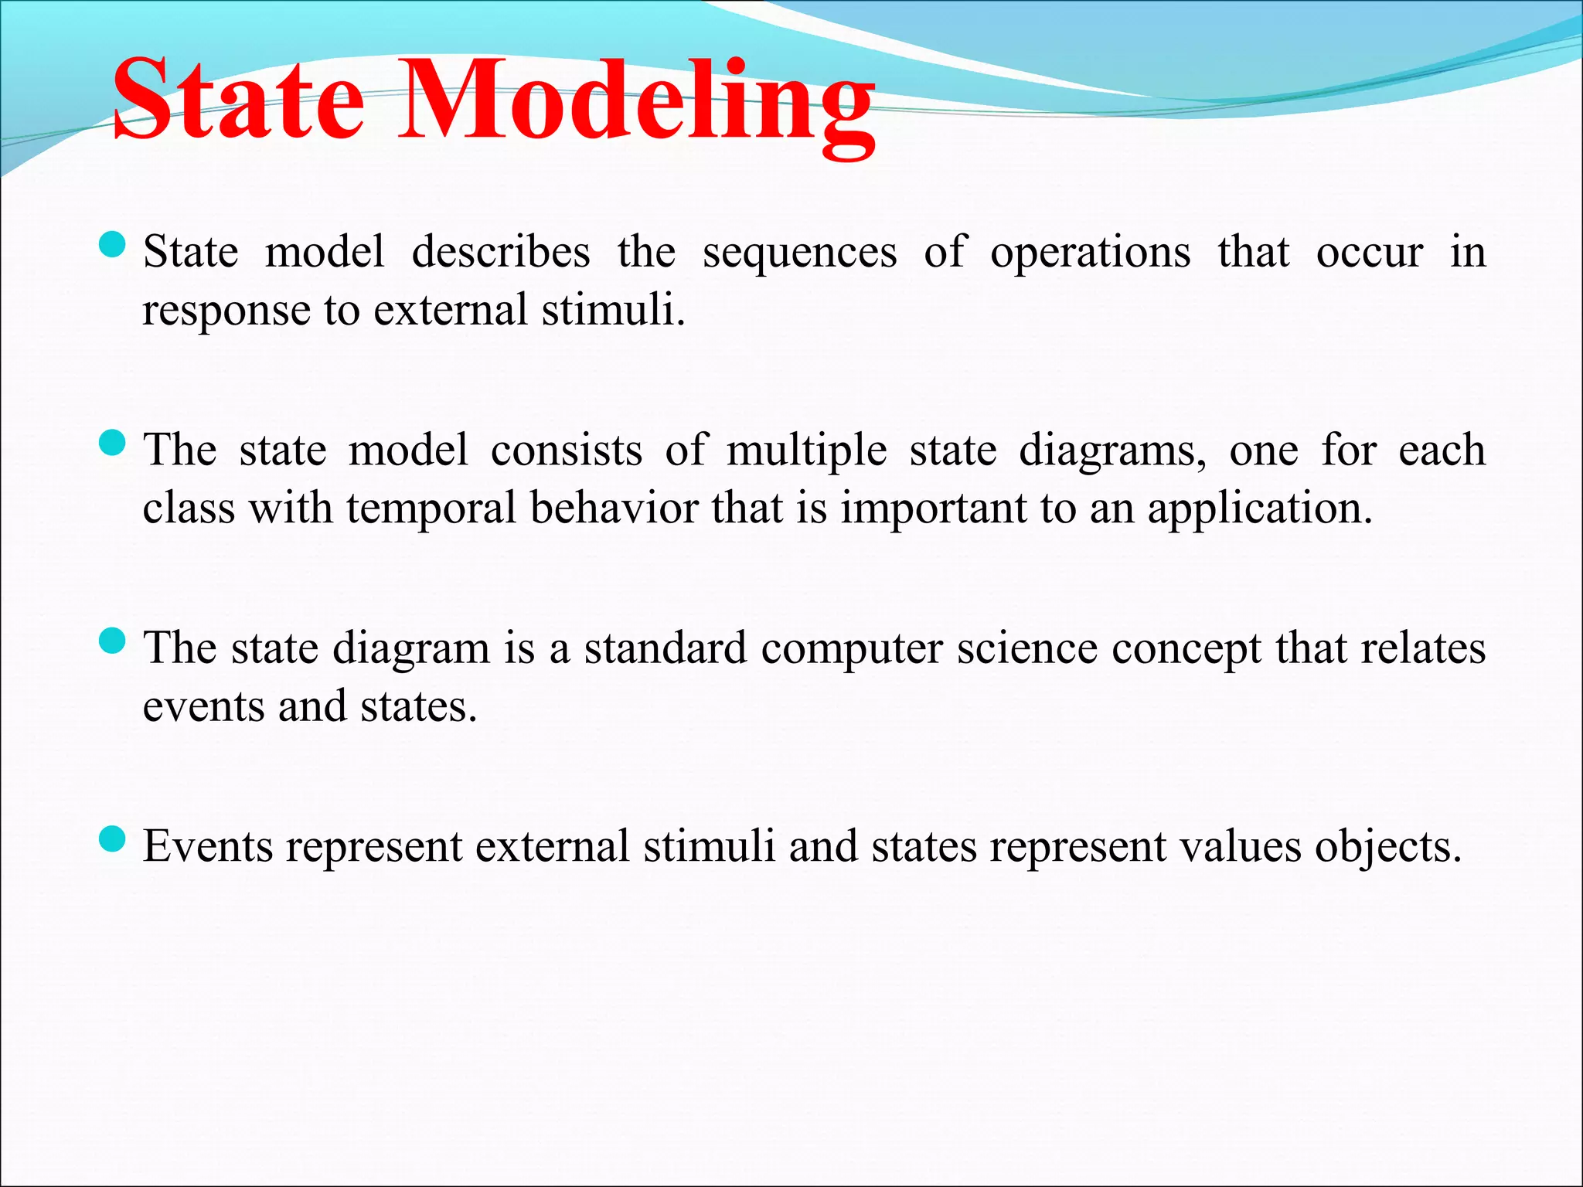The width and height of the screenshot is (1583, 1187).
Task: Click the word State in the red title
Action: (x=238, y=100)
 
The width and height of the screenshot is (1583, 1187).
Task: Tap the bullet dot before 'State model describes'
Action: (x=113, y=247)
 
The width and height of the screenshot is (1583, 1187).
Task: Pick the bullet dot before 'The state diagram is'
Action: (x=113, y=641)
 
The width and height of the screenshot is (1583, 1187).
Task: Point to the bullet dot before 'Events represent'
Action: (x=113, y=839)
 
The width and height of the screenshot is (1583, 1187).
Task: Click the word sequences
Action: (x=799, y=253)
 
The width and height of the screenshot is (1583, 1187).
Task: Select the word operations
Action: (x=1090, y=253)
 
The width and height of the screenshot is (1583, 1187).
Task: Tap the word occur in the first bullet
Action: (x=1369, y=253)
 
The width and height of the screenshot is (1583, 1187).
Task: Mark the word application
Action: (x=1259, y=510)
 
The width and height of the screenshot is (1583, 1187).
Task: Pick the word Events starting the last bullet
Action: (x=208, y=847)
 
